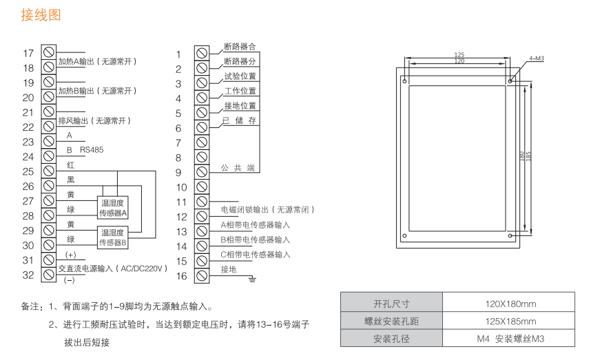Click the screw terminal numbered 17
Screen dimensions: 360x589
(49, 53)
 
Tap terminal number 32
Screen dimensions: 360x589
(49, 275)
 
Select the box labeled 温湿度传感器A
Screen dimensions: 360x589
(114, 208)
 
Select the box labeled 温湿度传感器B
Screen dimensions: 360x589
(114, 237)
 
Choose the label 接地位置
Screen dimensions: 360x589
(240, 105)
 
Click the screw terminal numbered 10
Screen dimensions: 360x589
(202, 187)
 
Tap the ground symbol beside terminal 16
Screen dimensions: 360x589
(252, 278)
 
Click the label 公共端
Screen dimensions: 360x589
(238, 167)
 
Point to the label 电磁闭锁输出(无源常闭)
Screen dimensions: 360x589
(267, 209)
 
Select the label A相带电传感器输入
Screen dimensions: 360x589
(256, 224)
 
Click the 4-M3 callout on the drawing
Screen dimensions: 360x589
(537, 59)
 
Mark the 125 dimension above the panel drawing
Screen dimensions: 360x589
(459, 54)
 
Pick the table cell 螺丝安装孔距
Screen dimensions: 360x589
(391, 321)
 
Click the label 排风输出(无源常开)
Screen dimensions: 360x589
(94, 120)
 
